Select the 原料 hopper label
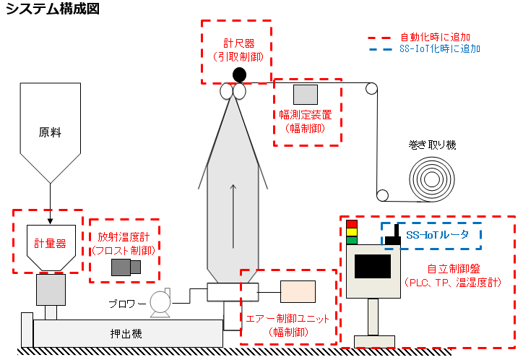[x=50, y=132]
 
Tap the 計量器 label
[x=50, y=243]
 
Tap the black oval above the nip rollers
[x=239, y=74]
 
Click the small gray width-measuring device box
[x=306, y=94]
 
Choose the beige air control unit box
[x=298, y=291]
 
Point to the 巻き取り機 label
[x=432, y=145]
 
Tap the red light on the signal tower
[x=352, y=223]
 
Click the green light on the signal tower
[x=352, y=240]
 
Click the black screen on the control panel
[x=373, y=267]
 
